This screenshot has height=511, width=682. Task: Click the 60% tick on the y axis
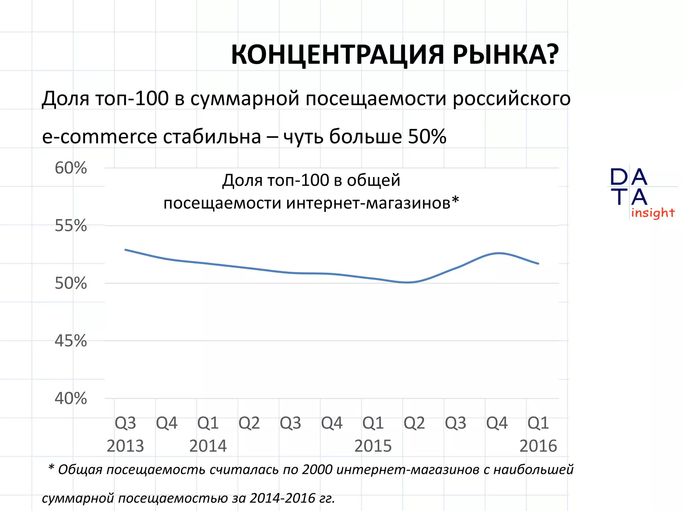[x=71, y=168]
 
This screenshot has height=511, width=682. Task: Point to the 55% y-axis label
[x=71, y=226]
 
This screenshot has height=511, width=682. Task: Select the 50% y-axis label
[x=71, y=283]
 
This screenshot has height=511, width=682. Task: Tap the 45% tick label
[x=71, y=341]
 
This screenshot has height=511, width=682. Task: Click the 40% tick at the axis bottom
[x=71, y=398]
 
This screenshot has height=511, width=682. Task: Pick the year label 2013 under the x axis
[x=125, y=446]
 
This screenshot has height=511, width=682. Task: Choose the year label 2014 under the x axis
[x=208, y=446]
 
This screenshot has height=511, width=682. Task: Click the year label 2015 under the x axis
[x=373, y=446]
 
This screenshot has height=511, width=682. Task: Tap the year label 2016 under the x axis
[x=538, y=446]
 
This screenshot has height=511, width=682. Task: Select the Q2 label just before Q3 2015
[x=414, y=423]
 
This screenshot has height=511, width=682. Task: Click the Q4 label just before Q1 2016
[x=497, y=423]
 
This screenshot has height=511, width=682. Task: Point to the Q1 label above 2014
[x=208, y=423]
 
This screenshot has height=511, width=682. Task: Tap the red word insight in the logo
[x=653, y=213]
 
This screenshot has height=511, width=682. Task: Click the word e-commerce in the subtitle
[x=100, y=137]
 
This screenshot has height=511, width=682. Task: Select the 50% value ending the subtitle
[x=427, y=136]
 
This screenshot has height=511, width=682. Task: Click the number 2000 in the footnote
[x=317, y=470]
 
